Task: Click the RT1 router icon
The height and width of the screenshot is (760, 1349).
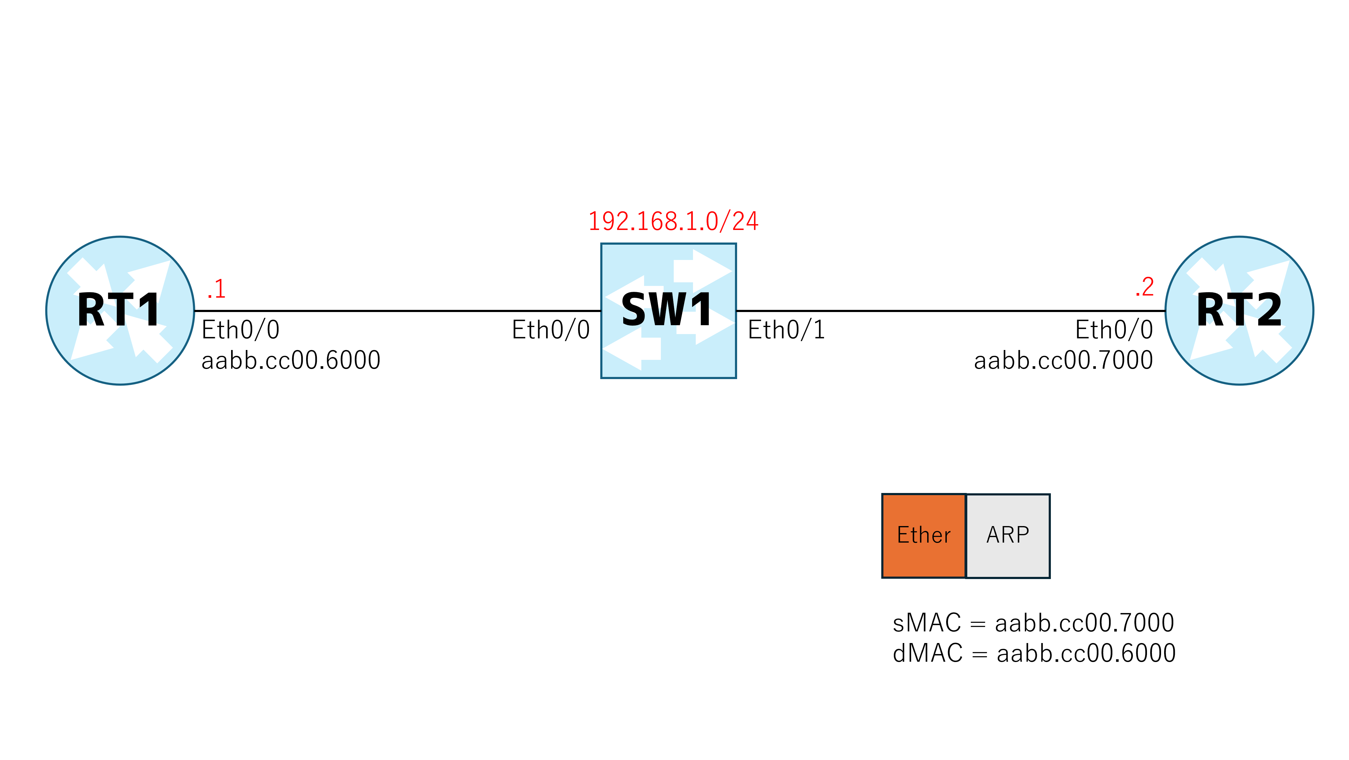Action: [x=120, y=310]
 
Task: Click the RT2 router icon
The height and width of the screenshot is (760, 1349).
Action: [x=1239, y=310]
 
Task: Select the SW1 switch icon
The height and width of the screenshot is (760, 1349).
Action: [x=668, y=310]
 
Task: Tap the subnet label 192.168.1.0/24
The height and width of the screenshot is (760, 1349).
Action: [x=673, y=221]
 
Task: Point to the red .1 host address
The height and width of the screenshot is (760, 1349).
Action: [x=216, y=289]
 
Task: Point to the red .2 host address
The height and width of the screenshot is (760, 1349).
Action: [x=1145, y=287]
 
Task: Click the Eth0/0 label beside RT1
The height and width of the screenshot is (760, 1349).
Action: [x=240, y=330]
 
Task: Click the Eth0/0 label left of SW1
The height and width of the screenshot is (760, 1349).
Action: [x=551, y=330]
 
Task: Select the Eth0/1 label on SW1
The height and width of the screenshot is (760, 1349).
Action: [x=787, y=330]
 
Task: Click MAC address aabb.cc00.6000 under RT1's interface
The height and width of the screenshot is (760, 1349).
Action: [x=290, y=360]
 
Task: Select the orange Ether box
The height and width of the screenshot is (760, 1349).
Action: [x=924, y=536]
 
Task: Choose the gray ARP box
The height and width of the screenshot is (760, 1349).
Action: [x=1008, y=536]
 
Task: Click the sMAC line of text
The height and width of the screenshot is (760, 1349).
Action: [x=1033, y=623]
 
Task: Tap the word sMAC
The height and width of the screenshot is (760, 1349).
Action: [x=927, y=623]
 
